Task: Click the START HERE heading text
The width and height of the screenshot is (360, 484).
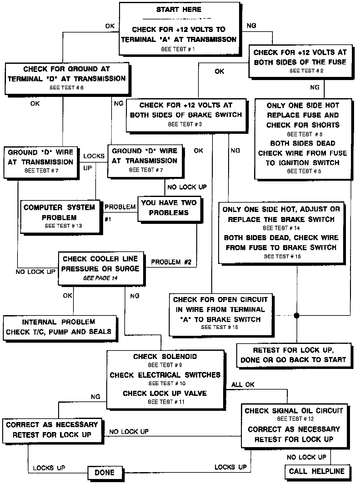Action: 179,10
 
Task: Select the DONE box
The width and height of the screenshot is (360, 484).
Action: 105,472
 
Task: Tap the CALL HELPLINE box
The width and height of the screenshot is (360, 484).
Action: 317,471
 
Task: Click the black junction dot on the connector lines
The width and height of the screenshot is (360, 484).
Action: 297,315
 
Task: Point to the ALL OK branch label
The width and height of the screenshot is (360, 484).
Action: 243,385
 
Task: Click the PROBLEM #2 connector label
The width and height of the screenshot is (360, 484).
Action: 171,262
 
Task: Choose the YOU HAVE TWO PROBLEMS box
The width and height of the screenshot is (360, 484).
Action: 169,208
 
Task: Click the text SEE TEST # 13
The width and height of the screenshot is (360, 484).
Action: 63,226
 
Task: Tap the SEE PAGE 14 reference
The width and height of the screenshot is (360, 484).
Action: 100,278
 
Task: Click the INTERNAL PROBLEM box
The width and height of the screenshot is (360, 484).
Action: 59,327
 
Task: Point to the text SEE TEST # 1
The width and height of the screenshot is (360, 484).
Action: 178,49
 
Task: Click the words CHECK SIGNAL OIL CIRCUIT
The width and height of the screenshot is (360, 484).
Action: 294,411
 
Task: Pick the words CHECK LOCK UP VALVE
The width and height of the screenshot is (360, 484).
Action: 165,393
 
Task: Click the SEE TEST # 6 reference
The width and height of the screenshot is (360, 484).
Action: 66,88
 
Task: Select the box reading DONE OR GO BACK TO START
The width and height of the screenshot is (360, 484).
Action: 293,355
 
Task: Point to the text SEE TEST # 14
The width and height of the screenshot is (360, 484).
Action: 282,228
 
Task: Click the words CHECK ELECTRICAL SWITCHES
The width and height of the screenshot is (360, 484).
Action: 165,375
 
